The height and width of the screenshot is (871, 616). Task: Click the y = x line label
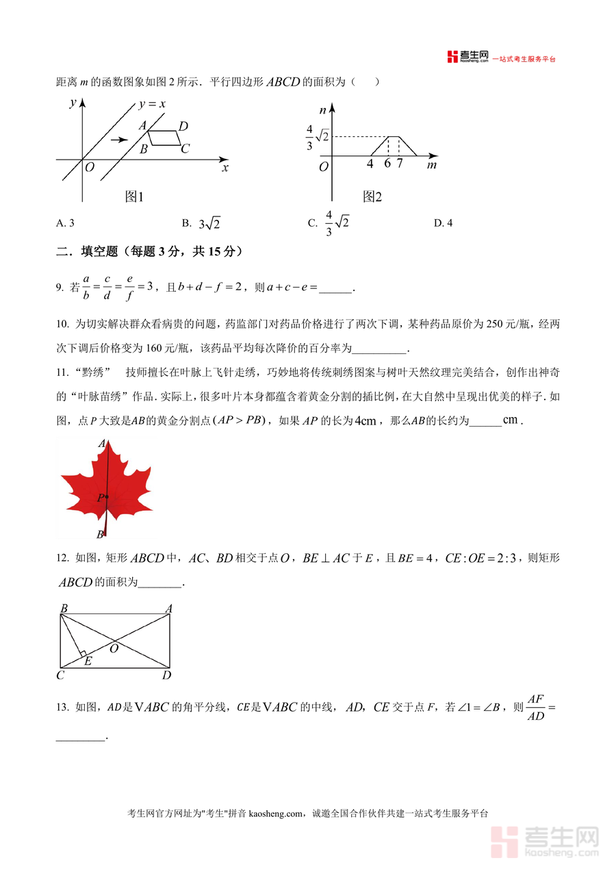pyautogui.click(x=153, y=104)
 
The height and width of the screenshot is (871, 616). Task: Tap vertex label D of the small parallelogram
pyautogui.click(x=183, y=126)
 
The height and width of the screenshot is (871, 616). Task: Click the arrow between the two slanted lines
pyautogui.click(x=119, y=140)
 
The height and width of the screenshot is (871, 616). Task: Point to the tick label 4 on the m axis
pyautogui.click(x=370, y=164)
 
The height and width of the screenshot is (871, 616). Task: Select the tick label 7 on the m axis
pyautogui.click(x=399, y=164)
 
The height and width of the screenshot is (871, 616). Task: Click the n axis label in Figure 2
pyautogui.click(x=322, y=110)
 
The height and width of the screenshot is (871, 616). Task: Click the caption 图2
pyautogui.click(x=372, y=197)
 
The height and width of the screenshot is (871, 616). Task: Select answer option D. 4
pyautogui.click(x=443, y=223)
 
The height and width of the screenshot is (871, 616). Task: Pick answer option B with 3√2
pyautogui.click(x=201, y=223)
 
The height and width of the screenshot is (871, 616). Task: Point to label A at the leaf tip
pyautogui.click(x=102, y=444)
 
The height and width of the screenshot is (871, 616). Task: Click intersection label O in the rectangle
pyautogui.click(x=114, y=648)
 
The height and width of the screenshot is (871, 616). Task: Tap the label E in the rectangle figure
pyautogui.click(x=88, y=661)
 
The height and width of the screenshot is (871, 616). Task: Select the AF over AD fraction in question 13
pyautogui.click(x=536, y=707)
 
